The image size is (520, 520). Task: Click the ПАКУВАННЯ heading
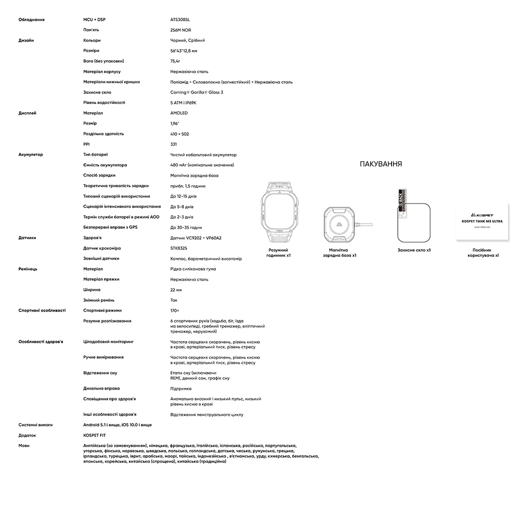coord(381,164)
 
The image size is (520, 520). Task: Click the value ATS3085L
coord(180,19)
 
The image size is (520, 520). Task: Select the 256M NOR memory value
coord(180,30)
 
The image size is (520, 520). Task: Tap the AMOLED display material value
coord(179,113)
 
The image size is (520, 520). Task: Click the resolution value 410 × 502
coord(179,134)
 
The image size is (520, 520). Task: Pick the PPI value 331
coord(174,144)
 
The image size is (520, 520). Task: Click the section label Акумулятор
coord(31,154)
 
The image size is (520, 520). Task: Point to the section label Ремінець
coord(28,269)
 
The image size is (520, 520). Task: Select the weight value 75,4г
coord(177,61)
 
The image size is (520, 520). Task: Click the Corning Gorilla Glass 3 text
coord(197,92)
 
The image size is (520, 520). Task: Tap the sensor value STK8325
coord(179,248)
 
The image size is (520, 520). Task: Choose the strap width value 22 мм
coord(176,290)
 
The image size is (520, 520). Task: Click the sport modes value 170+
coord(175,310)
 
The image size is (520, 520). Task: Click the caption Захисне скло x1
coord(414,250)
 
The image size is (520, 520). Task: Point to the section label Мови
coord(24,446)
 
